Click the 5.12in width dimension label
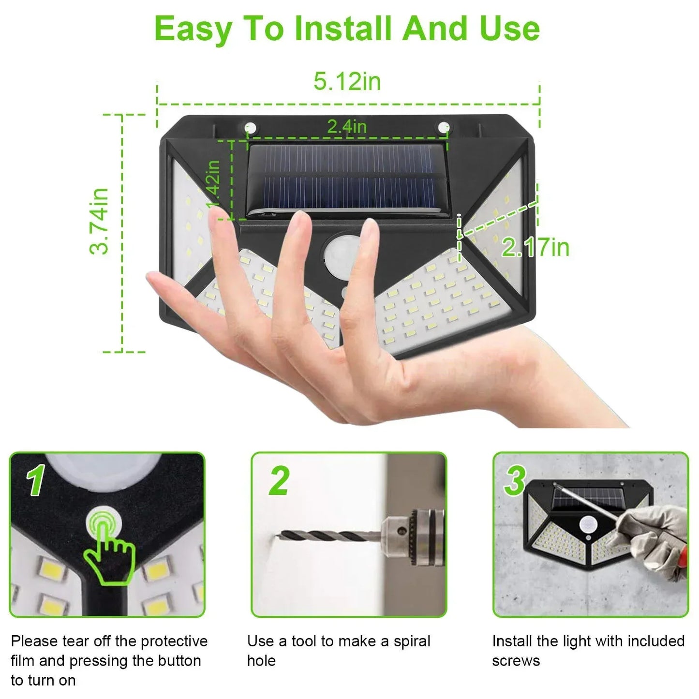tap(347, 81)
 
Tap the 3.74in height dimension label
tap(99, 221)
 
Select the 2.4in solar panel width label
tap(347, 126)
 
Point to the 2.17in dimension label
tap(535, 247)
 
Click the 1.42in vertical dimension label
tap(213, 184)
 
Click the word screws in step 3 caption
tap(516, 661)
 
